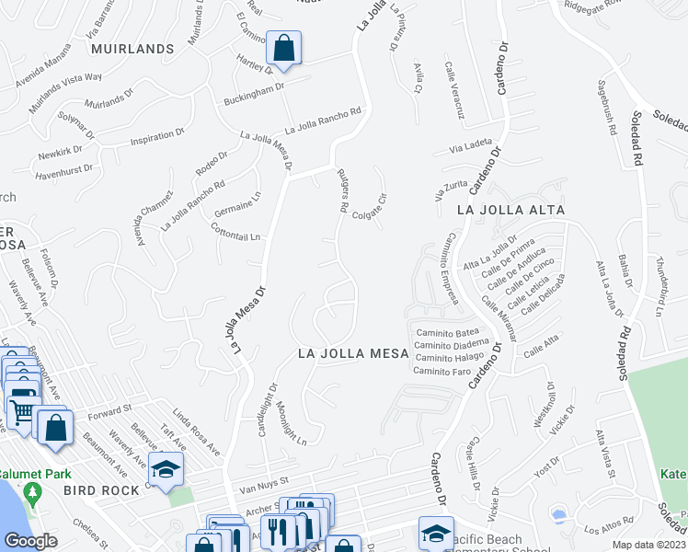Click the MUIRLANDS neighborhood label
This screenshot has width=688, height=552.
point(131,49)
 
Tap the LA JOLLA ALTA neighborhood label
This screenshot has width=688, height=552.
point(510,211)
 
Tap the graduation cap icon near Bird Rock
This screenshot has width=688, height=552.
point(166,471)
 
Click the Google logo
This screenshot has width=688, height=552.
point(31,541)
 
